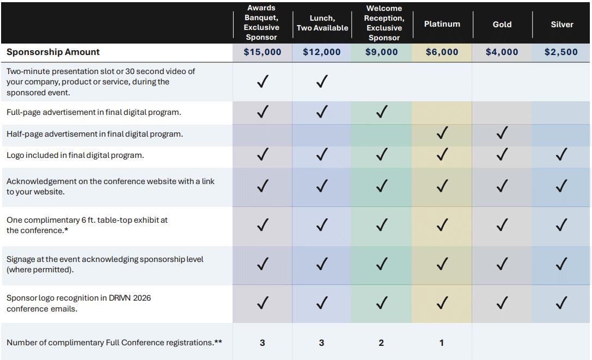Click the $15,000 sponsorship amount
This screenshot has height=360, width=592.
263,52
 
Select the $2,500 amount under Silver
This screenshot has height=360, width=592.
561,52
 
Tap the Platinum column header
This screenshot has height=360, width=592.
442,24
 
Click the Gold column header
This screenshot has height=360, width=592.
502,24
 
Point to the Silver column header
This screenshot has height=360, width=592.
562,25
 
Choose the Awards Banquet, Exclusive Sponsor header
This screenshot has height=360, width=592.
261,23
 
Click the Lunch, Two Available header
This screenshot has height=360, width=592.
322,23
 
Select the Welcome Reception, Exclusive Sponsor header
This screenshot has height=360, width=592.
384,23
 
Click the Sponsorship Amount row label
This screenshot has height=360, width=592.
53,52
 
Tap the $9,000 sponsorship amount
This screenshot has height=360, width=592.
381,52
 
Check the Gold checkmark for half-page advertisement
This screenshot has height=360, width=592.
502,132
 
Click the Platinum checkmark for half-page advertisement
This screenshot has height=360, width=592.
442,132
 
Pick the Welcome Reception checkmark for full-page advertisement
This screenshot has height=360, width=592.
382,112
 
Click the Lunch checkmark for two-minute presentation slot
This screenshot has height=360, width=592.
322,82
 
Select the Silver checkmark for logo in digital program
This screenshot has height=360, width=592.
562,155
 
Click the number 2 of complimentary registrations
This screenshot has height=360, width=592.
381,343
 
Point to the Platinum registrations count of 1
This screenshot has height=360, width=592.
442,343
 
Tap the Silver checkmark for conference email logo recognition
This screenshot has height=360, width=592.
562,303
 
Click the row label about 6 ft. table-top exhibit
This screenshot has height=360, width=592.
87,225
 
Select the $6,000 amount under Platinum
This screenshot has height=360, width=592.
442,52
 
